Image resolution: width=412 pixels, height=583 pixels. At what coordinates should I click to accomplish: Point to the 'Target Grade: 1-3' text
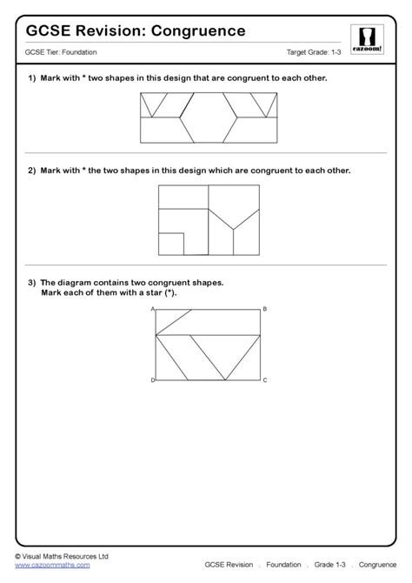pyautogui.click(x=315, y=53)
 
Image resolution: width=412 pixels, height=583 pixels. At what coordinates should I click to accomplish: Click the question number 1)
pyautogui.click(x=32, y=79)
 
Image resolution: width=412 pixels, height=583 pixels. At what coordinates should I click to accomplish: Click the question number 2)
pyautogui.click(x=32, y=171)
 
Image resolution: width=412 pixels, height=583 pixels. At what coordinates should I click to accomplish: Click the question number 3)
pyautogui.click(x=32, y=282)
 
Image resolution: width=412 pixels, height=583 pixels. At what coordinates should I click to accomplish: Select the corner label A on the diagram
pyautogui.click(x=153, y=309)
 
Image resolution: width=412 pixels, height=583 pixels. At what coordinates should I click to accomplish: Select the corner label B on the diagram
pyautogui.click(x=265, y=309)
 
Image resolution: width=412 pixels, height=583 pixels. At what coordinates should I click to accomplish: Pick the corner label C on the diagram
pyautogui.click(x=265, y=381)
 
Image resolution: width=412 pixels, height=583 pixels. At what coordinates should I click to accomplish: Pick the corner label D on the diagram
pyautogui.click(x=153, y=381)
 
